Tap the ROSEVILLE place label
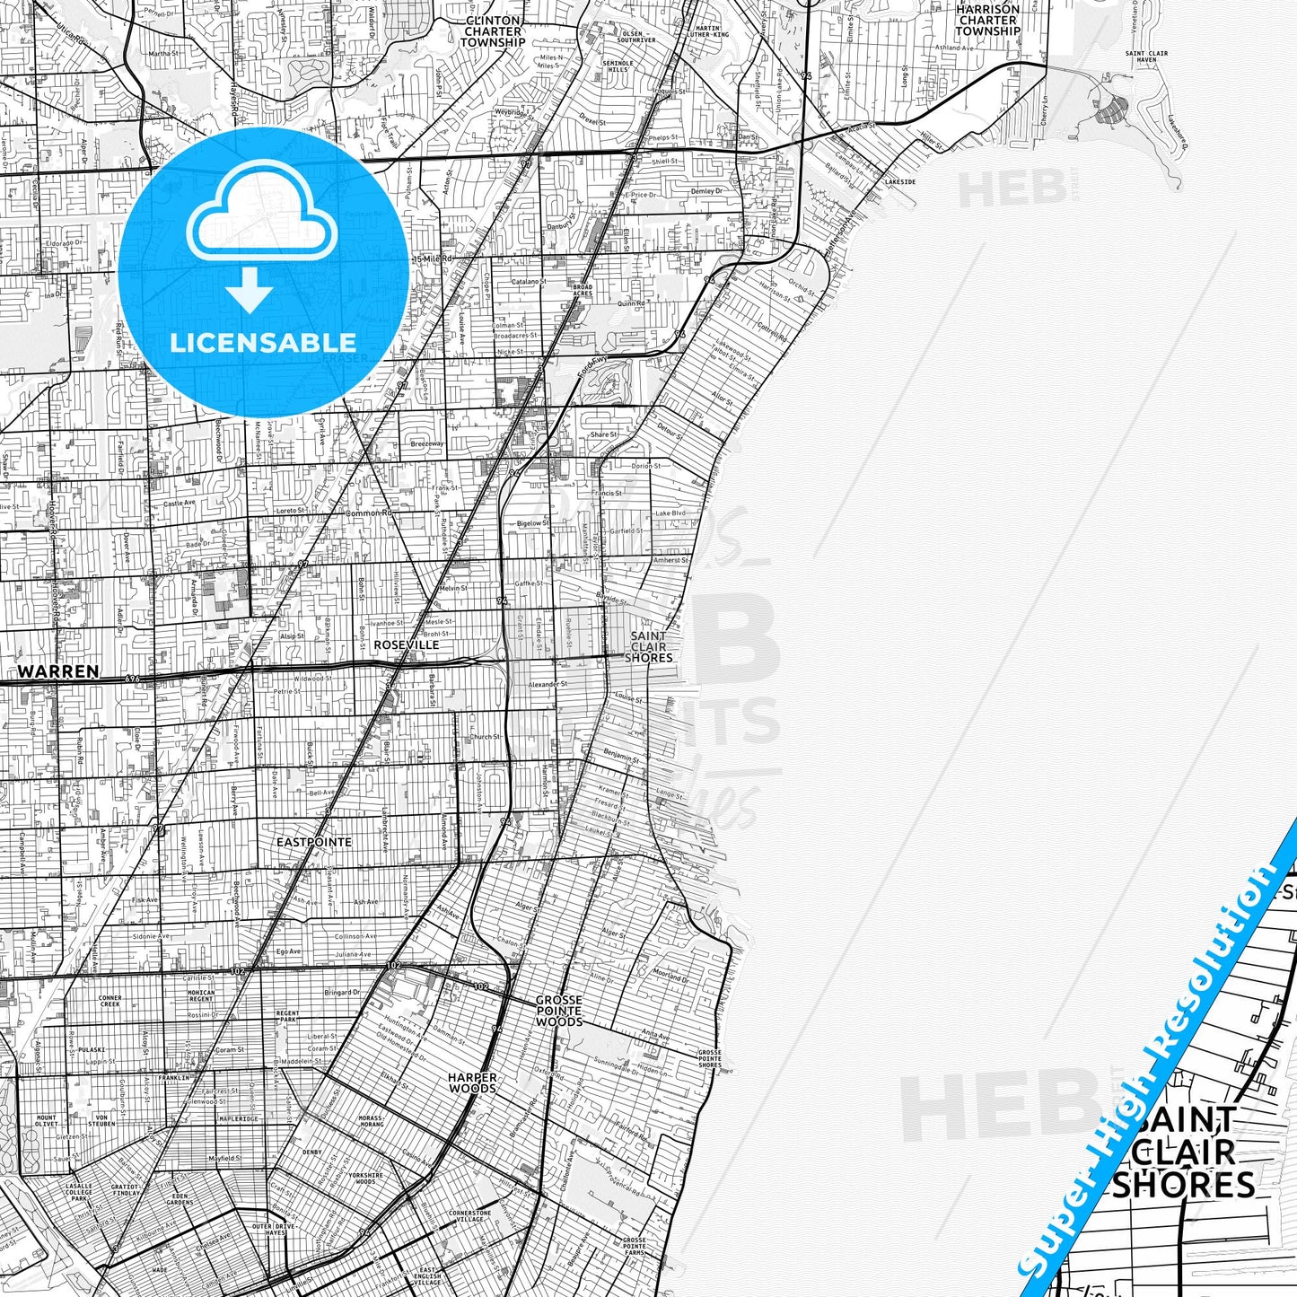(407, 644)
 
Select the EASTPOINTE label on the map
(313, 842)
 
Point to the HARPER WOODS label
(472, 1082)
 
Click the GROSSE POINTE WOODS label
(558, 1010)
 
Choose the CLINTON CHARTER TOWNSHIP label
(493, 31)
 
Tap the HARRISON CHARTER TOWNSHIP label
(987, 20)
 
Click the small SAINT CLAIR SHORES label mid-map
(648, 646)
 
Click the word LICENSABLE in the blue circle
(262, 342)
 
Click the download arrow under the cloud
(249, 290)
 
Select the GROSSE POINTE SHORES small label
(709, 1058)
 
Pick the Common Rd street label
(369, 513)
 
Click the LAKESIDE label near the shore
(899, 181)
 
